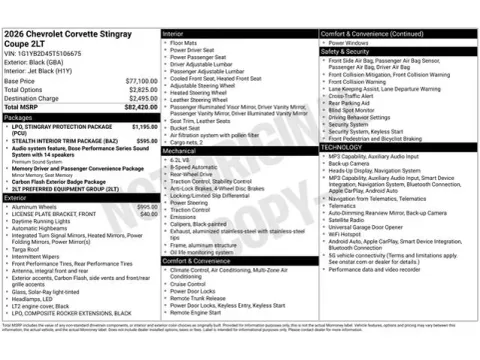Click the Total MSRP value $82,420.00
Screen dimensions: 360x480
[x=139, y=104]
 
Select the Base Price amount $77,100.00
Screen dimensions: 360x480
[x=141, y=80]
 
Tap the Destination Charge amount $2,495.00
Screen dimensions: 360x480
[x=141, y=98]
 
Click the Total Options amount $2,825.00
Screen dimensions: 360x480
[x=141, y=89]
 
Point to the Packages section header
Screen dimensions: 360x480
[x=19, y=117]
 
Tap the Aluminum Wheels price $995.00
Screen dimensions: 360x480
[x=146, y=206]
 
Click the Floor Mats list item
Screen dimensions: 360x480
[x=185, y=42]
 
